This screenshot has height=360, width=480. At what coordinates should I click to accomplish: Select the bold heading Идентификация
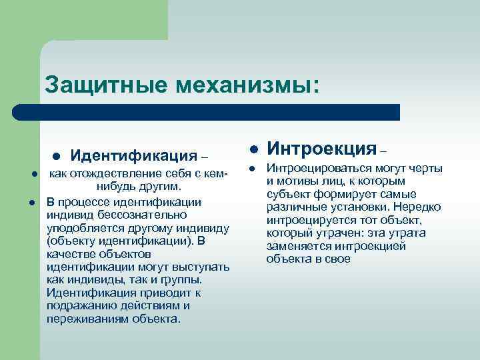point(133,156)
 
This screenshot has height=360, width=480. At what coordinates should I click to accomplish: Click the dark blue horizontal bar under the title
point(207,112)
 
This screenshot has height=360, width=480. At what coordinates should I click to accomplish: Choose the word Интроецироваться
point(318,169)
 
